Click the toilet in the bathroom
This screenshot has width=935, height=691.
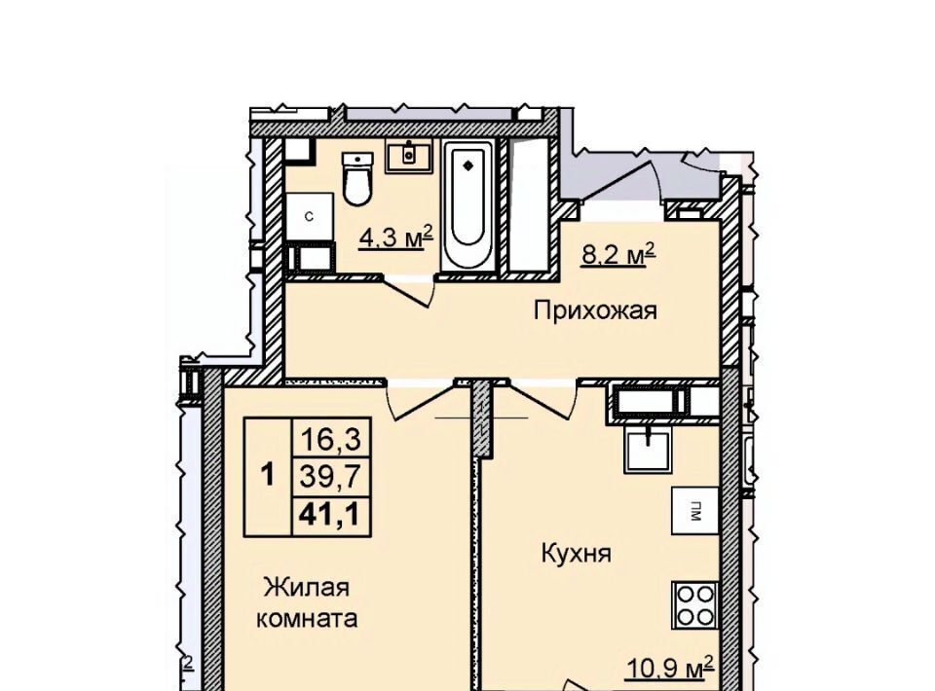coord(357,179)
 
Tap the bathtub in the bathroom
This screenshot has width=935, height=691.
coord(468,205)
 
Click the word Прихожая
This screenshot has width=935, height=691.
coord(595,311)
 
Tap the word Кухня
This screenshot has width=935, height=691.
coord(576,554)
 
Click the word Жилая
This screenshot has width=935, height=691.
coord(307,588)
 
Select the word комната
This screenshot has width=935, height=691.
coord(307,619)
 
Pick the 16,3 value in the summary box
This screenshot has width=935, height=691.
coord(331,440)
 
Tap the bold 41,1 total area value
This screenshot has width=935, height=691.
coord(331,514)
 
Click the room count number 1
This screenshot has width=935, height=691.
coord(269,476)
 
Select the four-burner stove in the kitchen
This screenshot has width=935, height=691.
coord(694,604)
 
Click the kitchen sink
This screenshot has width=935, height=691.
coord(647,451)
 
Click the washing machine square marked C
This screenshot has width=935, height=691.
coord(309,217)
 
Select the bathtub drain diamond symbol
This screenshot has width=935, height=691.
coord(468,165)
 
